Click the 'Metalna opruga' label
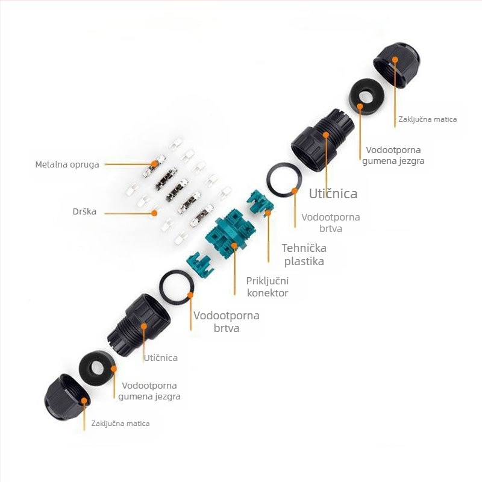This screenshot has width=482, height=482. coord(67,164)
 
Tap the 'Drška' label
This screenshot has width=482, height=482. coord(84,211)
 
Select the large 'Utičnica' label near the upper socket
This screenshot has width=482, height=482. coord(333,193)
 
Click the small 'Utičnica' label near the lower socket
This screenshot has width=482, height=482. coord(161,358)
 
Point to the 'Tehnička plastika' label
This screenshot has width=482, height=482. coord(304,254)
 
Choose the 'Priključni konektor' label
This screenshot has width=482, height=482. coord(268,287)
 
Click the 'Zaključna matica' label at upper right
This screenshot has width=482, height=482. coord(428,119)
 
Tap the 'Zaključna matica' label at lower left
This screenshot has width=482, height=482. coord(120,424)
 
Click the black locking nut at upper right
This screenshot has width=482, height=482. coord(396,66)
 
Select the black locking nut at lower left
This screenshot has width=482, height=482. coord(67,397)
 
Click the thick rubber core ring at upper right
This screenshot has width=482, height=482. coord(367,97)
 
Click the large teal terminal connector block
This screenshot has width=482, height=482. coord(230,234)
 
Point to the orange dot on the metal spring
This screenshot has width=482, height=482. coord(154,164)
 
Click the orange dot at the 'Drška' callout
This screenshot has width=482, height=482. coord(155,213)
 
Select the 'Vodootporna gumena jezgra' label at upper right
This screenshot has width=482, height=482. coord(393,155)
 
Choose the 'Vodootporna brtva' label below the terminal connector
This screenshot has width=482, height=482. coord(227,322)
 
